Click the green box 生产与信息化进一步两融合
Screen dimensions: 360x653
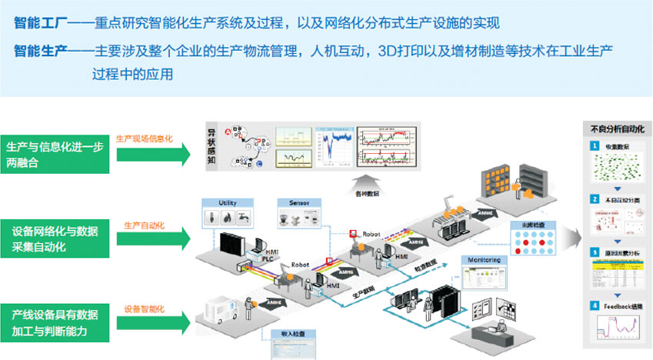(57, 153)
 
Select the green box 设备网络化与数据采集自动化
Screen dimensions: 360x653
(57, 238)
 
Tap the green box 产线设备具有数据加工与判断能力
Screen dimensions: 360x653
(57, 322)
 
